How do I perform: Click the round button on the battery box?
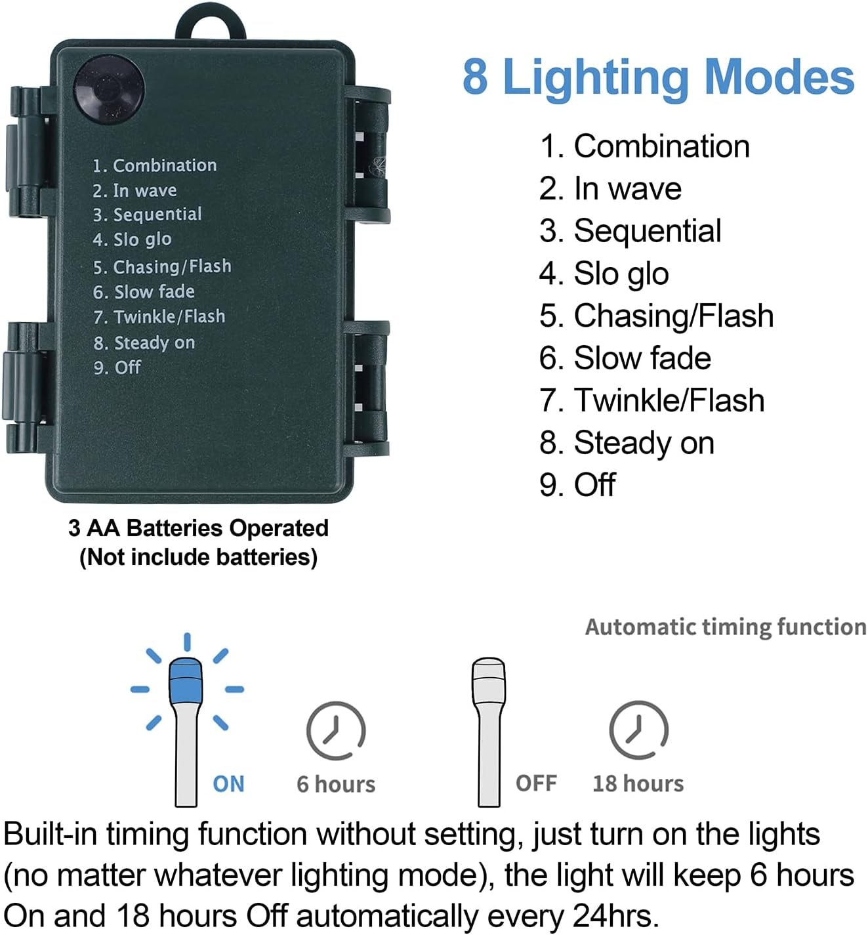point(109,90)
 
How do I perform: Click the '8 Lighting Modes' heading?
point(659,78)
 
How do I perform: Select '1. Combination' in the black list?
point(645,146)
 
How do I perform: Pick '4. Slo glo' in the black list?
point(604,274)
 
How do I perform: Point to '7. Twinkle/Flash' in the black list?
point(652,400)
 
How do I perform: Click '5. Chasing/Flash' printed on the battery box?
point(162,266)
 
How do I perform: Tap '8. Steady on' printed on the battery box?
point(144,343)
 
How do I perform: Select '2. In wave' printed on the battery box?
point(134,190)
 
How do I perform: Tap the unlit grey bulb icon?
point(489,732)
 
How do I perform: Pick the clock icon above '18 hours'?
point(638,730)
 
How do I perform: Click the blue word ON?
point(228,784)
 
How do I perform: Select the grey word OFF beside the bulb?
point(537,783)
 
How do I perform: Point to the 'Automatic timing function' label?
point(726,627)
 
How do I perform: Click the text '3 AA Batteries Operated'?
point(198,528)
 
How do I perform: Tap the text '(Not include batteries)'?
point(198,558)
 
